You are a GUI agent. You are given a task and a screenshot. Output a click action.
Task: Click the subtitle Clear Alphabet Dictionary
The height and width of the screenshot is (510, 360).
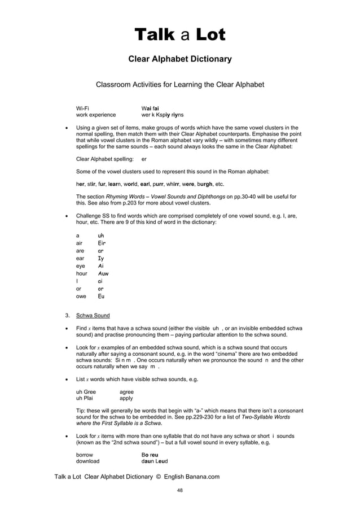pos(179,59)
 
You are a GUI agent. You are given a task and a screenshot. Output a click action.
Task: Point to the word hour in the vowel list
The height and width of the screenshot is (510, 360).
pos(82,273)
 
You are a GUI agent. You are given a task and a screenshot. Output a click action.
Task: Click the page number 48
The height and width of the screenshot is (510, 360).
pos(179,490)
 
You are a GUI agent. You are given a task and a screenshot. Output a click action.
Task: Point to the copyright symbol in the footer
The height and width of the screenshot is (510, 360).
pos(159,477)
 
